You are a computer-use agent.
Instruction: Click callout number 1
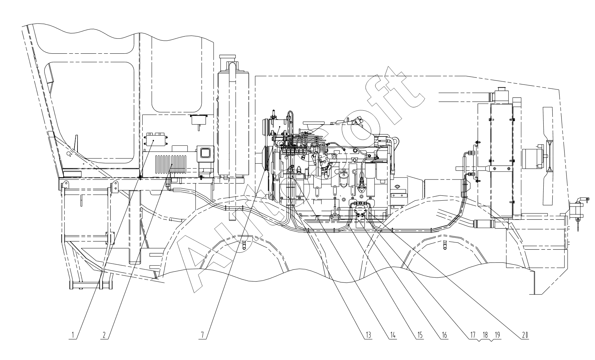[72, 335]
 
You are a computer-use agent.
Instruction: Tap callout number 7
[202, 335]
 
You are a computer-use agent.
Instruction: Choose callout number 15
[419, 335]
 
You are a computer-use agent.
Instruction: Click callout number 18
[485, 335]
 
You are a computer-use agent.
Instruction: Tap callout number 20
[524, 335]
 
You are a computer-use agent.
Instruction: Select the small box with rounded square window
[205, 154]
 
